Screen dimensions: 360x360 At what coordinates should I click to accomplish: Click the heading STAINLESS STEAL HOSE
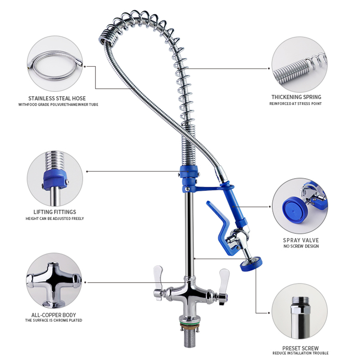click(57, 98)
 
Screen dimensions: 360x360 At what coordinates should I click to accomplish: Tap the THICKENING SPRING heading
click(296, 97)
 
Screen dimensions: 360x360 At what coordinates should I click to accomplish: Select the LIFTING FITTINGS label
click(54, 212)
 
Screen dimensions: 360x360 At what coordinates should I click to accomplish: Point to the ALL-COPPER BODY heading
click(54, 315)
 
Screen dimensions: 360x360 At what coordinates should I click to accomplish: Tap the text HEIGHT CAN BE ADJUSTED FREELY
click(54, 219)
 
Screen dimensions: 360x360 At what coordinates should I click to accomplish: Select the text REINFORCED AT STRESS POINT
click(296, 103)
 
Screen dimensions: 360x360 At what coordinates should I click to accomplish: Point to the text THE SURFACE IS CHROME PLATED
click(54, 320)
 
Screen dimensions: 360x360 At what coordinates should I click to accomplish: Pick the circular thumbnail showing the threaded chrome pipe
click(301, 312)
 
